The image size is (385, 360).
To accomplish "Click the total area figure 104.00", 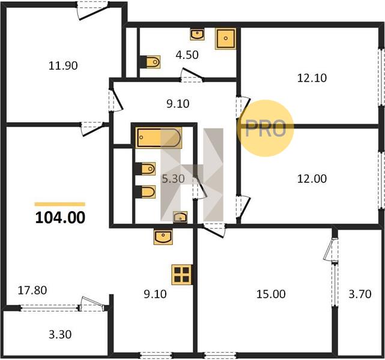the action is pyautogui.click(x=60, y=218).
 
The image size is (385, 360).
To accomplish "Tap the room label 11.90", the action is pyautogui.click(x=63, y=66).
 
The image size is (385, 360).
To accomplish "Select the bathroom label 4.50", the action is pyautogui.click(x=187, y=55).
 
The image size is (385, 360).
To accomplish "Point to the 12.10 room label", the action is pyautogui.click(x=312, y=78).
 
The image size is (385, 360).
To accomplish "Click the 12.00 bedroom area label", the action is pyautogui.click(x=312, y=179).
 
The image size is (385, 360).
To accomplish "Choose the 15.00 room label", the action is pyautogui.click(x=271, y=294).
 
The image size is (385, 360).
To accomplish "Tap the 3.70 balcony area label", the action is pyautogui.click(x=360, y=294).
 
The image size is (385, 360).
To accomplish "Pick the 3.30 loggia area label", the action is pyautogui.click(x=60, y=334).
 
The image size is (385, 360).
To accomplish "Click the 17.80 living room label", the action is pyautogui.click(x=32, y=290).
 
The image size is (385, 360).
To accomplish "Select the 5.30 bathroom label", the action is pyautogui.click(x=174, y=179).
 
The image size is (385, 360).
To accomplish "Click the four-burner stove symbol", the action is pyautogui.click(x=182, y=275).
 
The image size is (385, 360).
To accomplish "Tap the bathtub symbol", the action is pyautogui.click(x=159, y=137).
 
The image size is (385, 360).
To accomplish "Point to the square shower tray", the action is pyautogui.click(x=226, y=38).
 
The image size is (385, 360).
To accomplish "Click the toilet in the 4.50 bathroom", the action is pyautogui.click(x=150, y=62).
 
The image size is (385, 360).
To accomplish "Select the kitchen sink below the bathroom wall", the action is pyautogui.click(x=163, y=237).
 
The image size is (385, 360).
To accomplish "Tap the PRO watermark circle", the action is pyautogui.click(x=265, y=128).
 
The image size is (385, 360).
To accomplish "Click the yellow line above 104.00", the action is pyautogui.click(x=60, y=204).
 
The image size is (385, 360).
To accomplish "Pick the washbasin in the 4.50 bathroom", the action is pyautogui.click(x=197, y=34).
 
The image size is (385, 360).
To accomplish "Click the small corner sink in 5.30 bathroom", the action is pyautogui.click(x=180, y=217).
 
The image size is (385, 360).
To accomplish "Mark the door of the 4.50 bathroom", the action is pyautogui.click(x=192, y=75).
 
